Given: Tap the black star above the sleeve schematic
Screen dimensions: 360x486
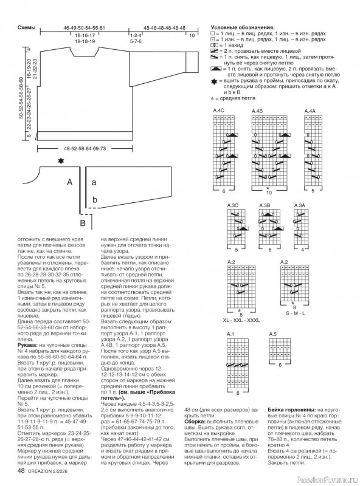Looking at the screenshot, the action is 60,161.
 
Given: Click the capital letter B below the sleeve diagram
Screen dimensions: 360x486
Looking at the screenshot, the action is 83,224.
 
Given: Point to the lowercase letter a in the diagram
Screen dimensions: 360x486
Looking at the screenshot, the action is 94,182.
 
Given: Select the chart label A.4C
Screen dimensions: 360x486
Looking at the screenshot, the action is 219,110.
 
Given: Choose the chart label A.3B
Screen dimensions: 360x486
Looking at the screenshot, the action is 265,206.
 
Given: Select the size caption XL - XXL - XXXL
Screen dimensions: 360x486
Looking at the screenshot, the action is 241,320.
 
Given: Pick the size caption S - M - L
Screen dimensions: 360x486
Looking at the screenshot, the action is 296,320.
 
